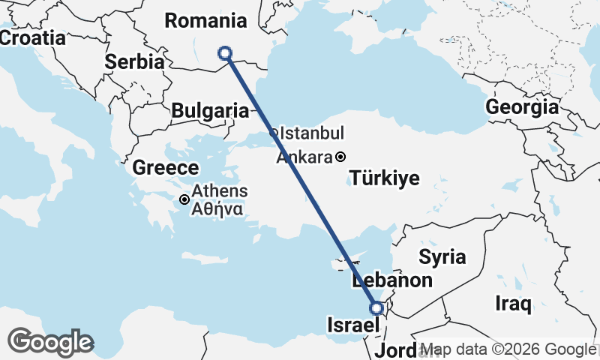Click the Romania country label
205,20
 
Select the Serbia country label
135,62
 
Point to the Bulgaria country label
210,111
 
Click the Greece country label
166,168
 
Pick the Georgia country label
522,107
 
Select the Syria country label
442,257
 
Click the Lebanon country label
392,281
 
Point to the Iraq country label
514,304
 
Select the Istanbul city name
311,134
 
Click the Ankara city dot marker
340,157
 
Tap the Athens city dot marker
184,199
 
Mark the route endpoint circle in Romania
224,52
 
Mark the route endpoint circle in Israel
377,307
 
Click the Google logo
50,342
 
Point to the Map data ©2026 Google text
508,349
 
